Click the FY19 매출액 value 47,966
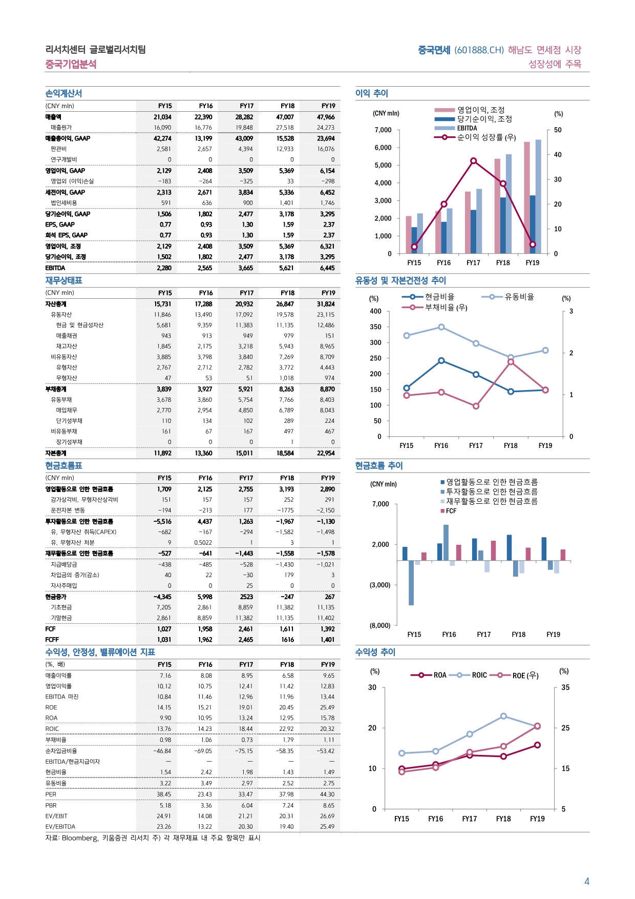(326, 117)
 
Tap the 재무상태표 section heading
(63, 280)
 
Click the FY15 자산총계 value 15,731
(163, 304)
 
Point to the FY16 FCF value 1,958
(204, 629)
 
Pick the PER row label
(51, 794)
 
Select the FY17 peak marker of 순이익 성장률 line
(473, 161)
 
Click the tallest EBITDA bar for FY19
(538, 196)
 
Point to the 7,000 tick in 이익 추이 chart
(383, 130)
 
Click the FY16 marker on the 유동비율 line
(441, 327)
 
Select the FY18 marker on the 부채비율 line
(511, 362)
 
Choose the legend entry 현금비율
(429, 297)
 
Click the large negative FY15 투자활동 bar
(411, 583)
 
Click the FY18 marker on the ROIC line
(503, 716)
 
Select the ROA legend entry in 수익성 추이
(429, 675)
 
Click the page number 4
(587, 882)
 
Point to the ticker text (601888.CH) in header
(479, 50)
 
